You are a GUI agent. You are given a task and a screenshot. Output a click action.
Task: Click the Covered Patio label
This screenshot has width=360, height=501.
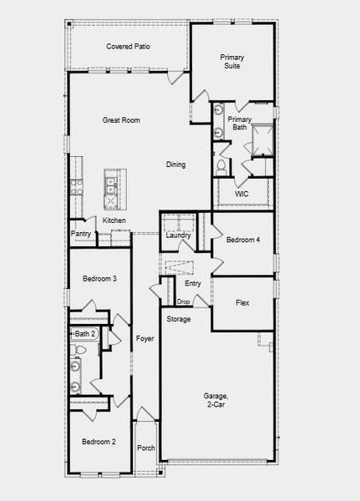click(127, 47)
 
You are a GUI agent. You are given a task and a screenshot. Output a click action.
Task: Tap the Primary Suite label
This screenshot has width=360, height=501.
click(232, 61)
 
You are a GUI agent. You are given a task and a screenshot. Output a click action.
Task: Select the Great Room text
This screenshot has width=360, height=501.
click(121, 120)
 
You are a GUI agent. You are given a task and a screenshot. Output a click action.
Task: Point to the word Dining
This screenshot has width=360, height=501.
click(175, 164)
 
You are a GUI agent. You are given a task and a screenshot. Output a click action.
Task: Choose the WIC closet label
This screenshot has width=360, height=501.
click(241, 194)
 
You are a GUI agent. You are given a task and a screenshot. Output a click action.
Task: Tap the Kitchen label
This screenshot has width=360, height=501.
click(114, 220)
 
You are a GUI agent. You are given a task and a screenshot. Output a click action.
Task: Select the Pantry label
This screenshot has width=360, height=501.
click(81, 234)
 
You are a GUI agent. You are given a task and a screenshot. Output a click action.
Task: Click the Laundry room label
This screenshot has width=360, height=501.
click(179, 235)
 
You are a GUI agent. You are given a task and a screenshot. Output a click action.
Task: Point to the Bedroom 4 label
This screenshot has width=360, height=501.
click(243, 240)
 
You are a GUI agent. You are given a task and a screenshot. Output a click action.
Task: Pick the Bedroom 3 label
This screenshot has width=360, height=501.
click(99, 278)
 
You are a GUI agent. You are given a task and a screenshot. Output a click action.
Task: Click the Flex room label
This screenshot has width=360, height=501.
click(242, 303)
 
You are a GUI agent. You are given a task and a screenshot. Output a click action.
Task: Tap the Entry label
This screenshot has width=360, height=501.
click(193, 284)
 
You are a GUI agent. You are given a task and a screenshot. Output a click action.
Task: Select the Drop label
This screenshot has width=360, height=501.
click(183, 301)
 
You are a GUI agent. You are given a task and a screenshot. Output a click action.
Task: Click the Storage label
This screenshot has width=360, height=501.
click(178, 319)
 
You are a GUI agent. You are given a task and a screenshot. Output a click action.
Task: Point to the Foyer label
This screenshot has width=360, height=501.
click(144, 338)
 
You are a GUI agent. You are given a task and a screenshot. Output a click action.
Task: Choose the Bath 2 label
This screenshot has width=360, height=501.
click(86, 334)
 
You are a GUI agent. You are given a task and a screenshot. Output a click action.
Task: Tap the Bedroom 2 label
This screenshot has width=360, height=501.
click(99, 441)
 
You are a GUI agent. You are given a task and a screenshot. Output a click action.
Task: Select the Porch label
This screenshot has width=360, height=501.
click(146, 448)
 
